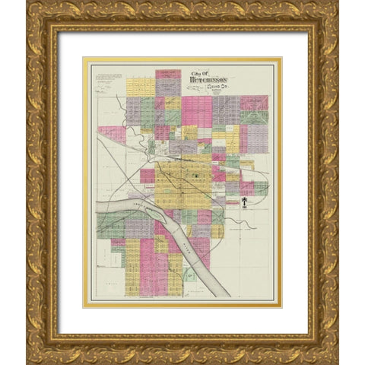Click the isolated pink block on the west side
[111, 134]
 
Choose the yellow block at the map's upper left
[140, 87]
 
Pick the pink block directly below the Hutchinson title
[196, 110]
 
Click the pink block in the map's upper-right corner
[254, 103]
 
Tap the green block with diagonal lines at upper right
[254, 118]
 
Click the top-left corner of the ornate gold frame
[30, 5]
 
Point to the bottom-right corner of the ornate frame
[335, 360]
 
